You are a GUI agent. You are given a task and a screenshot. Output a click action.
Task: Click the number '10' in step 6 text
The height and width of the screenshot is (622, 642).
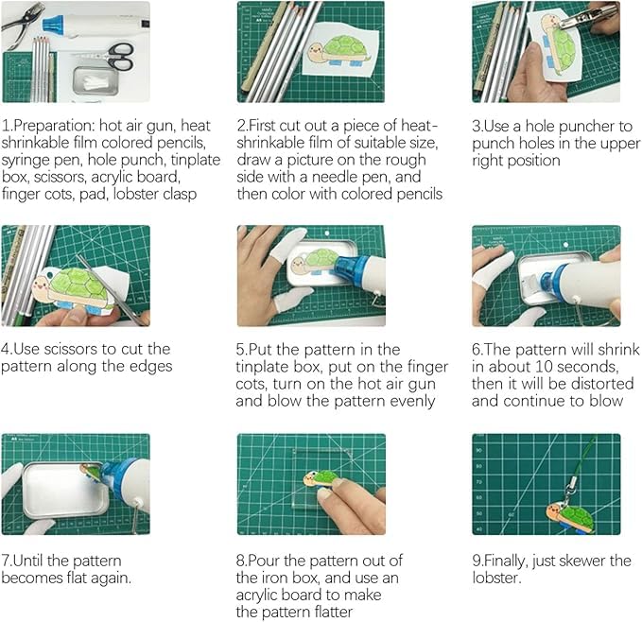[544, 367]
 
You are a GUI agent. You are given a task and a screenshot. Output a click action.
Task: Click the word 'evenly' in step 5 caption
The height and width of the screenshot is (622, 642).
[412, 402]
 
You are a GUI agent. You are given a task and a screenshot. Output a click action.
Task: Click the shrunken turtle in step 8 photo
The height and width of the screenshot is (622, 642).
[321, 478]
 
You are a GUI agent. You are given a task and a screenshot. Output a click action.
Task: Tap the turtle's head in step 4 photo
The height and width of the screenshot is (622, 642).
[41, 285]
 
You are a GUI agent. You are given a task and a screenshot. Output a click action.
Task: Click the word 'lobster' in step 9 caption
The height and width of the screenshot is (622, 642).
[495, 578]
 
